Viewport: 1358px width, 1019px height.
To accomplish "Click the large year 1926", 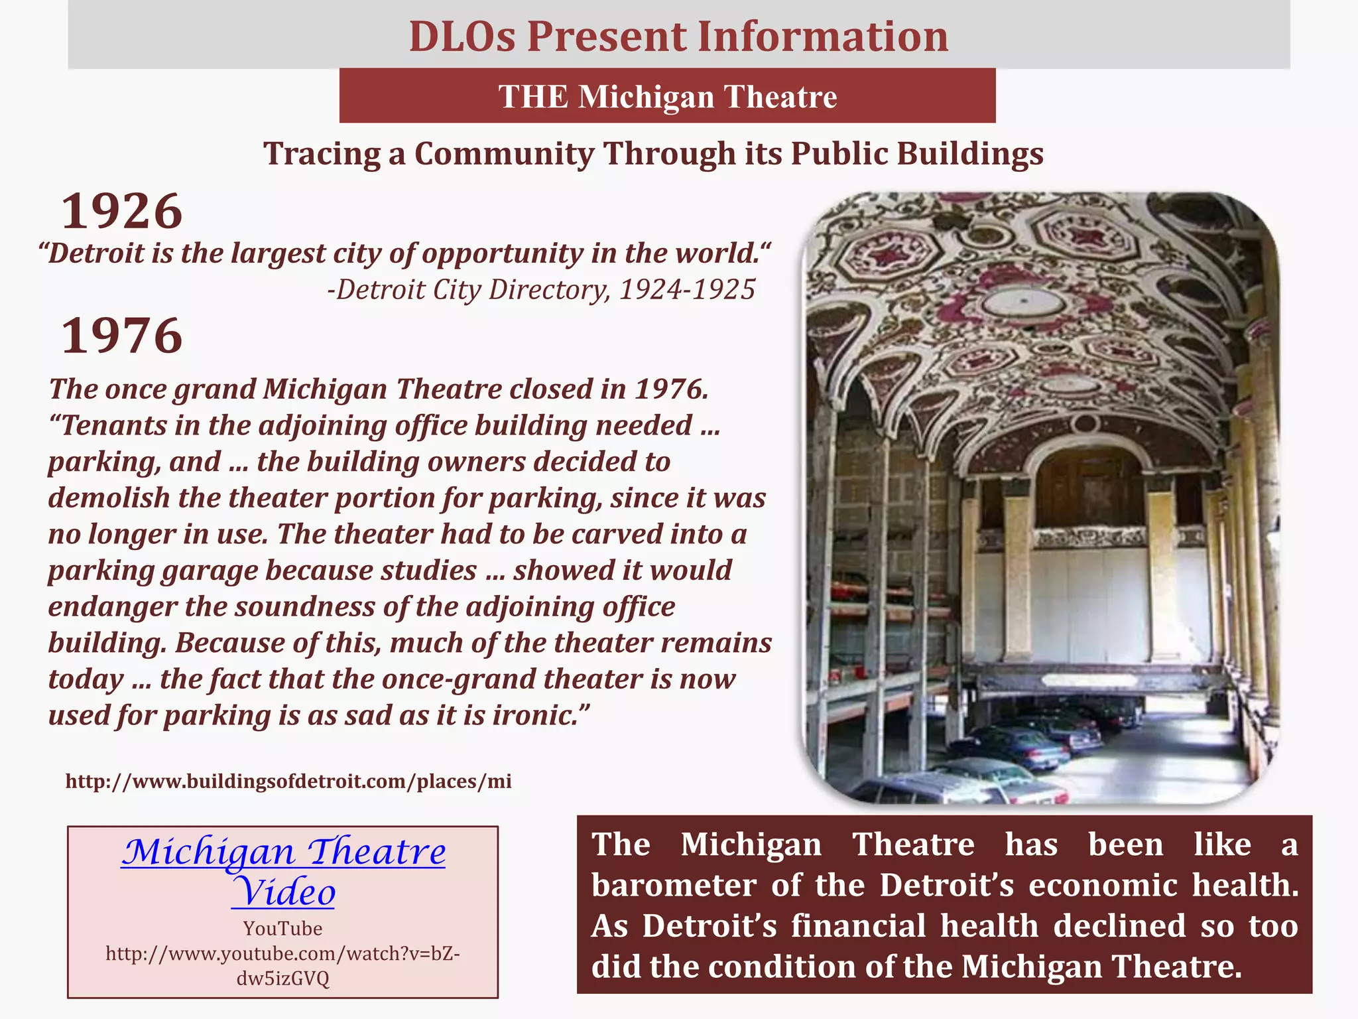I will [122, 212].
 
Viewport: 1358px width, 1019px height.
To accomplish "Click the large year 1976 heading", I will [122, 336].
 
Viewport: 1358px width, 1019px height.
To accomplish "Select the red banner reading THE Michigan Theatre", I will [667, 96].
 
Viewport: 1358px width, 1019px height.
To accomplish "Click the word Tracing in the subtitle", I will [322, 154].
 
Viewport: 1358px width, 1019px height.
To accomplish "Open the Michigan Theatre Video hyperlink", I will [284, 870].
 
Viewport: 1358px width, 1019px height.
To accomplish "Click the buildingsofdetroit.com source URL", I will [288, 781].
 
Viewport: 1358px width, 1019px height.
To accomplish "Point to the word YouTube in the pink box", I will [282, 928].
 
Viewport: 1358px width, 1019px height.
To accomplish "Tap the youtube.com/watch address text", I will [282, 954].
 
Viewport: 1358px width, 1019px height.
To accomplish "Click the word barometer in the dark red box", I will [674, 885].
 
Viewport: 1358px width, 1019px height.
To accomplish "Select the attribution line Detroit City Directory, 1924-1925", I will [541, 290].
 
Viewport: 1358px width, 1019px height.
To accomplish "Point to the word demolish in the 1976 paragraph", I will [109, 498].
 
